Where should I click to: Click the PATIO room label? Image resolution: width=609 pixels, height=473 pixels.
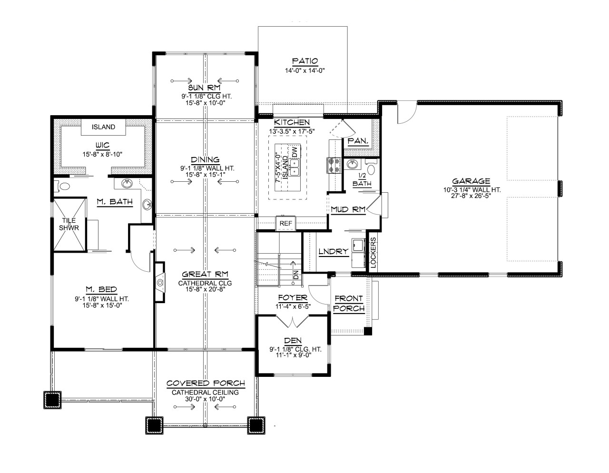pos(304,61)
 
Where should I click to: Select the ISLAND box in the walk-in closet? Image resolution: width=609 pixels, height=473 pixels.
pos(103,127)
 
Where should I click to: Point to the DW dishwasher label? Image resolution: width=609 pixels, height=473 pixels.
pos(295,152)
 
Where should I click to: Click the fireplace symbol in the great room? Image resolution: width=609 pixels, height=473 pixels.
pos(160,283)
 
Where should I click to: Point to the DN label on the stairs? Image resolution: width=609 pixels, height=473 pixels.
pos(295,275)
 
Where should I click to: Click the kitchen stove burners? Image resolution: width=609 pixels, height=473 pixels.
pos(332,165)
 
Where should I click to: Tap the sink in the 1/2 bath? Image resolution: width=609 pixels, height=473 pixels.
pos(352,165)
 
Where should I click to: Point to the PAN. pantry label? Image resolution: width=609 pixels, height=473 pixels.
pos(356,141)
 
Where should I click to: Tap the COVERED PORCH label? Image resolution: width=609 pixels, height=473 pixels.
pos(206,384)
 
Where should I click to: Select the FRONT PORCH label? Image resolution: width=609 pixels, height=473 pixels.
pos(349,303)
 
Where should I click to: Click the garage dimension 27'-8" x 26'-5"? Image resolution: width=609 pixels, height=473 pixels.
pos(471,195)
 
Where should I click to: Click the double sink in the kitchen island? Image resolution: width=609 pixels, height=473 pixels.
pos(294,168)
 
